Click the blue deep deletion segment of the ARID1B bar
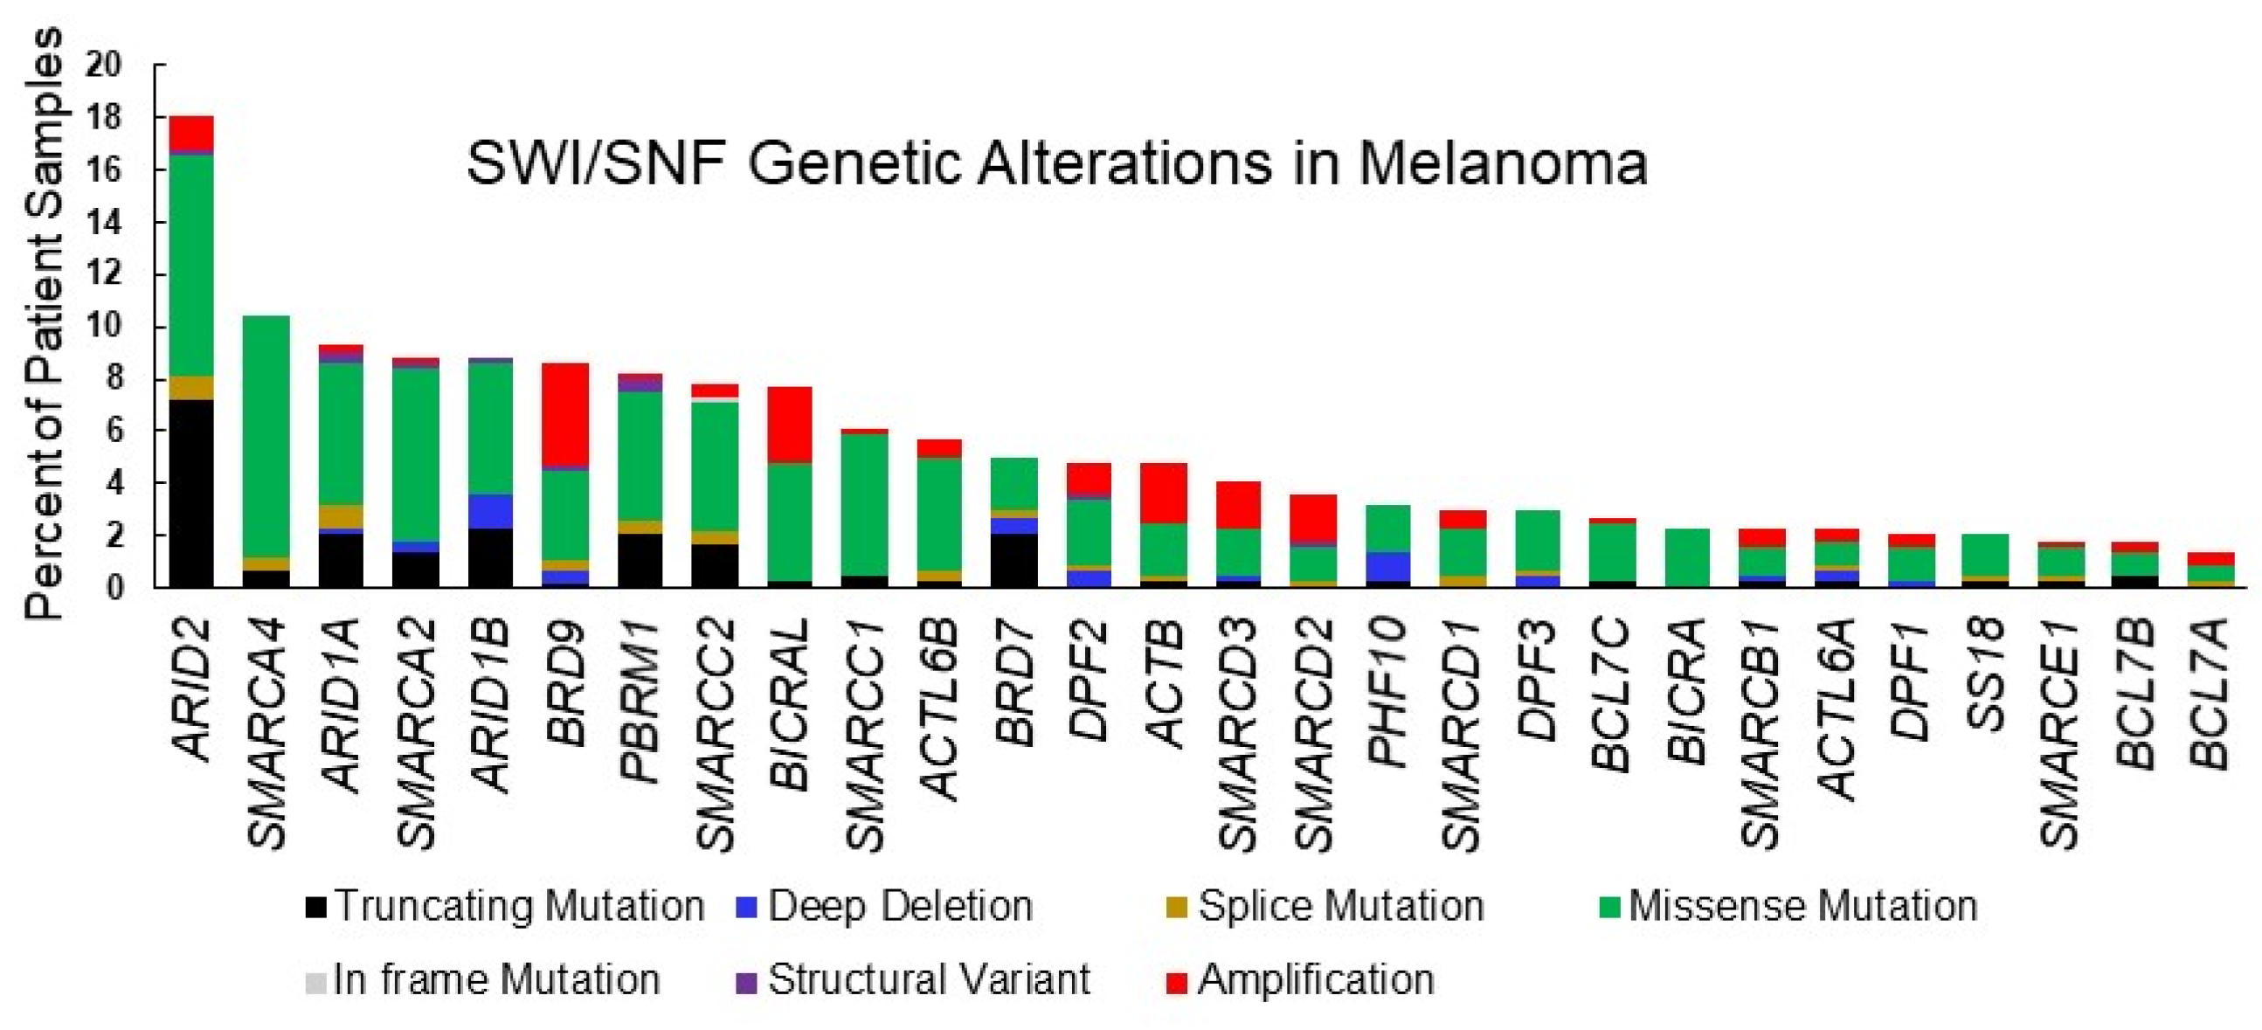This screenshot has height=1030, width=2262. (490, 511)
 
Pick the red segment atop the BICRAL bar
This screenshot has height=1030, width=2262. (790, 424)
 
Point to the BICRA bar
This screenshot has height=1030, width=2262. (1687, 557)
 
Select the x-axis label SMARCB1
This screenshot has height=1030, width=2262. (1761, 733)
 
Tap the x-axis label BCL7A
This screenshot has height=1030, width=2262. (2210, 693)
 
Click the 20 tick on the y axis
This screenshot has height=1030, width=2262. (103, 65)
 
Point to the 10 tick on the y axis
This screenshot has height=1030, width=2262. (103, 327)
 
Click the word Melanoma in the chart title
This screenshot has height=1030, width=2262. (1502, 164)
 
